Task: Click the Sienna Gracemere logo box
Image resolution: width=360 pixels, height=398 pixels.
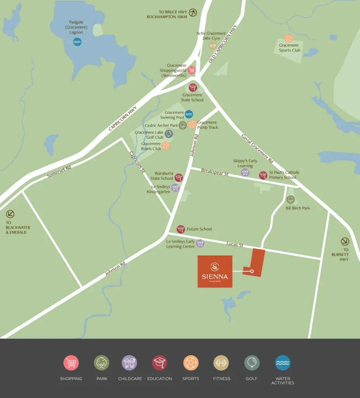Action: tap(215, 271)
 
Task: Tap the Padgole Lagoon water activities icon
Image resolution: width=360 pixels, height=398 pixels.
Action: tap(77, 42)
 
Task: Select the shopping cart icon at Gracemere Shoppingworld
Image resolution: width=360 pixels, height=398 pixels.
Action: tap(191, 70)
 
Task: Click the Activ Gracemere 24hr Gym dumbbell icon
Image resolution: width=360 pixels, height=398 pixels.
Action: tap(212, 46)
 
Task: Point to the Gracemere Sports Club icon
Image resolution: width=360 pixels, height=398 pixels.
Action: tap(288, 38)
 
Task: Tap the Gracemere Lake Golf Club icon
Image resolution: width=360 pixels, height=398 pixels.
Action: tap(169, 134)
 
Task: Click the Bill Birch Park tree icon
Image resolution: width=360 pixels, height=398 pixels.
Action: tap(290, 199)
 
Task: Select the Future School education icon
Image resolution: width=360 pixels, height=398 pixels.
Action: tap(181, 229)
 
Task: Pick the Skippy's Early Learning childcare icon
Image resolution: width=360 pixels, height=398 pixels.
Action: tap(245, 172)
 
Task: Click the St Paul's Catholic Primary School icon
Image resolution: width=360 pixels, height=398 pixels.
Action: tap(263, 175)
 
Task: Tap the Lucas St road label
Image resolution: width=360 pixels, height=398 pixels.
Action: tap(235, 245)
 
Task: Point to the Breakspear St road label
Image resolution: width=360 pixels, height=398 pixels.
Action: tap(215, 172)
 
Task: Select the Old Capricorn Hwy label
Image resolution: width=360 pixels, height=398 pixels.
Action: tap(223, 44)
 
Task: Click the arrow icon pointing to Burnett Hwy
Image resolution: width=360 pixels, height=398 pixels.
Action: tap(345, 241)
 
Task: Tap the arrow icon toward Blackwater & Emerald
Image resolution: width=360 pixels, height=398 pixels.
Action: tap(10, 214)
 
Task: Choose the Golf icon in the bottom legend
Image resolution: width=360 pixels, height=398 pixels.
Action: tap(252, 363)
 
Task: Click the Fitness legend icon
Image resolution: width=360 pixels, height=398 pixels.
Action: tap(221, 363)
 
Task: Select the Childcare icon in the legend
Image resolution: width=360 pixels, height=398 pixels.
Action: tap(129, 363)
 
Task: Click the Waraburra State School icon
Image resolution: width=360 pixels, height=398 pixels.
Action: tap(179, 178)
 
